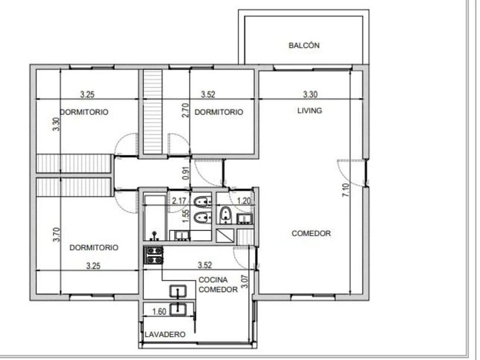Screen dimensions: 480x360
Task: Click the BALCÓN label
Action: (x=304, y=45)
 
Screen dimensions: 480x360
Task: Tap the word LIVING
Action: (x=310, y=110)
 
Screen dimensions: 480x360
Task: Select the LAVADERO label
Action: (x=165, y=334)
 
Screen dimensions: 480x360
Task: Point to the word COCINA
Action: (x=213, y=280)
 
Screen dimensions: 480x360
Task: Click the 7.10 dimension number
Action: (x=345, y=190)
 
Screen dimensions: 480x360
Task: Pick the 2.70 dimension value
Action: (x=186, y=110)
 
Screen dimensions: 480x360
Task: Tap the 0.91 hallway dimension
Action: (x=186, y=173)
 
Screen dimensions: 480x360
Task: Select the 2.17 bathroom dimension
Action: (x=179, y=201)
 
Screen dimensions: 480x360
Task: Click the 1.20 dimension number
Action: (x=244, y=201)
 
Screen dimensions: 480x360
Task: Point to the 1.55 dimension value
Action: (x=186, y=217)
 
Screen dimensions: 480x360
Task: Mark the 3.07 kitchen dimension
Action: (x=245, y=281)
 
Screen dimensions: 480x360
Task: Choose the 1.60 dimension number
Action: (x=159, y=311)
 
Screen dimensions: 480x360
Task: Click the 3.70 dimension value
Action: (x=57, y=234)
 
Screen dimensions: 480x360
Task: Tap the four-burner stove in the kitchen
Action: (x=154, y=255)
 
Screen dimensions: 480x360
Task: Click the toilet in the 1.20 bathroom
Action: (x=226, y=215)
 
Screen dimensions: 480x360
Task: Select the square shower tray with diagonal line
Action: (x=225, y=236)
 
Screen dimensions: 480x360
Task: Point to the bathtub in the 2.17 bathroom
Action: (x=155, y=217)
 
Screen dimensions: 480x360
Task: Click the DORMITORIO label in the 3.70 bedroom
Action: (x=94, y=247)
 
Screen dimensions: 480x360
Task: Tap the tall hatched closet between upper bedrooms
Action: (x=153, y=112)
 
